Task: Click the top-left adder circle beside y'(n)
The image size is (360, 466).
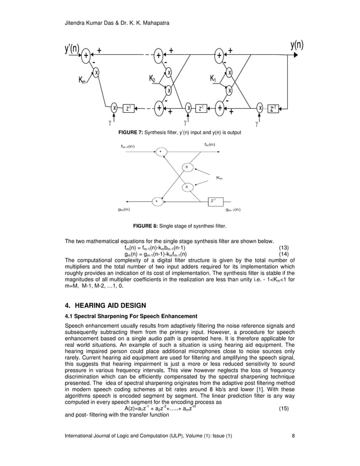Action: click(86, 55)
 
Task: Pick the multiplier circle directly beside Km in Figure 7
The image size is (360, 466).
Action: click(96, 72)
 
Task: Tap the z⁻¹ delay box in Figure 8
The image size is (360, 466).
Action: click(213, 200)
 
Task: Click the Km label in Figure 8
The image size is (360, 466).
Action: click(219, 178)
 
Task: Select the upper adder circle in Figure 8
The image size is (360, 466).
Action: click(160, 151)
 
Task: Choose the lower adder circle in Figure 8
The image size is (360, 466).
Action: click(157, 200)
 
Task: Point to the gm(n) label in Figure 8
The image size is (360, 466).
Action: click(124, 209)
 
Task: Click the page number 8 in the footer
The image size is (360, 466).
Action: click(293, 450)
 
